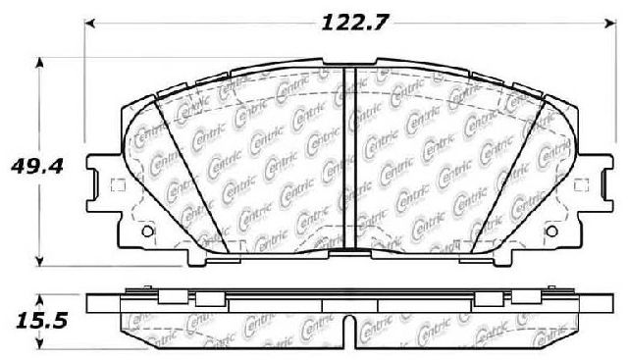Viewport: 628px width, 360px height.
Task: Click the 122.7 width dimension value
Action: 355,23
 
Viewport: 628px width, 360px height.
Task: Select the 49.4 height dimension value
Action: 37,166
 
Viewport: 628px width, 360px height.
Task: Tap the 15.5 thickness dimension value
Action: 41,321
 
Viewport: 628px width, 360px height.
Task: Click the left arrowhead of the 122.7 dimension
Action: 90,24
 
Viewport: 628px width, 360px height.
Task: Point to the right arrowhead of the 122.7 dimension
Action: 611,24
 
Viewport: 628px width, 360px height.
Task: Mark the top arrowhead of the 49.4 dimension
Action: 39,63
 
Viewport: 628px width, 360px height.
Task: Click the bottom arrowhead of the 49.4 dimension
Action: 39,261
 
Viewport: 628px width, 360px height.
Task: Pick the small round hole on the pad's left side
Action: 148,231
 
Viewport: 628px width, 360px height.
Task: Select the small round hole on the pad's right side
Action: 551,231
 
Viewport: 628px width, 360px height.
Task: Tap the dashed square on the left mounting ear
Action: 118,185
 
